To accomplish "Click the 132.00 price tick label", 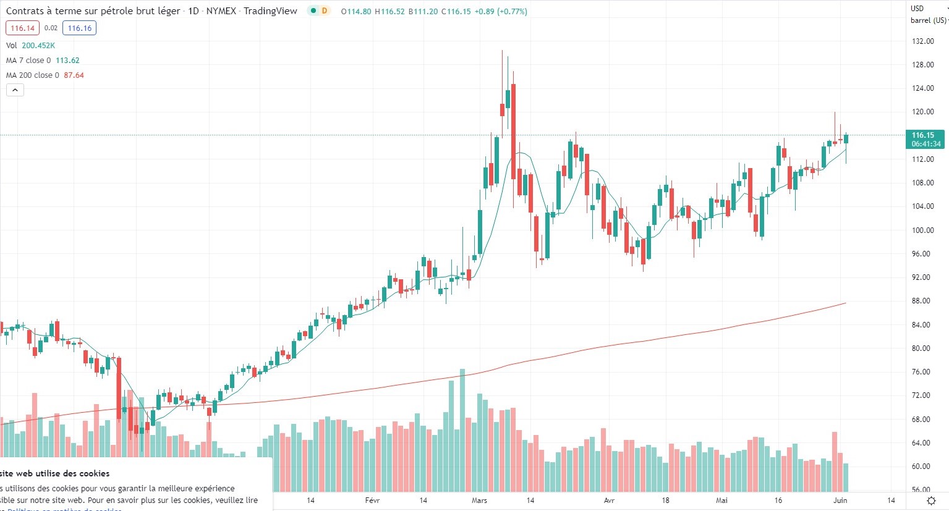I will point(922,41).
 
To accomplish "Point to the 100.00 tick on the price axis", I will point(922,230).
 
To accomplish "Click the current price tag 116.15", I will point(924,135).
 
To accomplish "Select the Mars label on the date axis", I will point(479,500).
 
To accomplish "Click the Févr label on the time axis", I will point(372,500).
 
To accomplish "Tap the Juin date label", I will point(840,500).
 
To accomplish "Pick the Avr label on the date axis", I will point(609,500).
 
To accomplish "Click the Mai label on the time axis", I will point(721,500).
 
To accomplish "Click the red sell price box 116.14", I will point(22,28).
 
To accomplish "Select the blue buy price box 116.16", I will point(79,28).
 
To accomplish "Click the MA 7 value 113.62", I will point(67,61).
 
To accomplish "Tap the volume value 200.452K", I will point(38,46).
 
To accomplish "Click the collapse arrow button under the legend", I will point(15,90).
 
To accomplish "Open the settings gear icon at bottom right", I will point(932,500).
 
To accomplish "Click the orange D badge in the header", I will point(325,11).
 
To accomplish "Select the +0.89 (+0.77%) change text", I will point(501,12).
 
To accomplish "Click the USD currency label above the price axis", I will point(917,9).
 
